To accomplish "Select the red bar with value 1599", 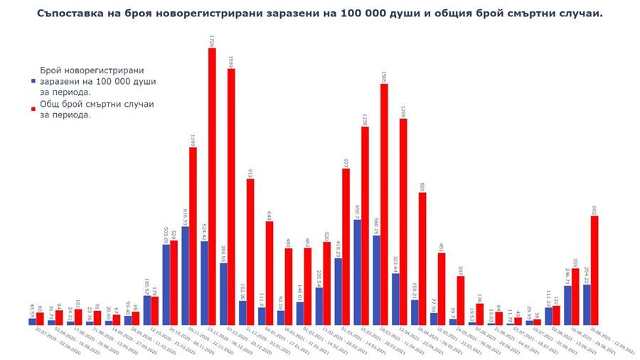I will pos(231,196).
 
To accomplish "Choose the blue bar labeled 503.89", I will pos(166,285).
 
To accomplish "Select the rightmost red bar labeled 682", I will pos(594,270).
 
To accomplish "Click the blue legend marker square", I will pos(33,82).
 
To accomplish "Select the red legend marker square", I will pos(33,109).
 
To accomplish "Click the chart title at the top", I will pos(320,14).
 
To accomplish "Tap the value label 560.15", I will pos(376,226).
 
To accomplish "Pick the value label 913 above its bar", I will pos(250,173).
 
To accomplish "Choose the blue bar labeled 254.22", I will pos(587,305).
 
